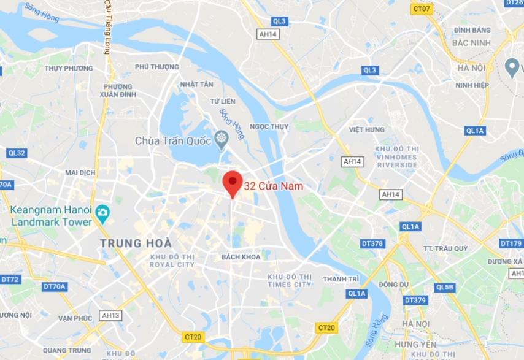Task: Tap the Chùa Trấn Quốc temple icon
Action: (x=220, y=141)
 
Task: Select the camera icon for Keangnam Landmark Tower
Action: (x=102, y=213)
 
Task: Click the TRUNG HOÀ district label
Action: (x=136, y=243)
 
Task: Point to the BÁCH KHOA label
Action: (x=241, y=257)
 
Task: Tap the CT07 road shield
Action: (x=422, y=9)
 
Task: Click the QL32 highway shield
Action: (x=16, y=153)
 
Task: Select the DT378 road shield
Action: (x=372, y=243)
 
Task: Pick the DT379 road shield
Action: (x=415, y=300)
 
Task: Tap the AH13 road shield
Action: (x=111, y=315)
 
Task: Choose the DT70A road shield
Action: (x=55, y=286)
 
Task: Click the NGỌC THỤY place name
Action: (x=269, y=127)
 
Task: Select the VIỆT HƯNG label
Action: (x=366, y=129)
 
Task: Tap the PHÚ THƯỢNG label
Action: (x=157, y=67)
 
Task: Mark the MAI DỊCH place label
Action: (x=80, y=172)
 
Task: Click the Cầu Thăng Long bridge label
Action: (x=107, y=27)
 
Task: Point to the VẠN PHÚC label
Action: (x=75, y=318)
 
